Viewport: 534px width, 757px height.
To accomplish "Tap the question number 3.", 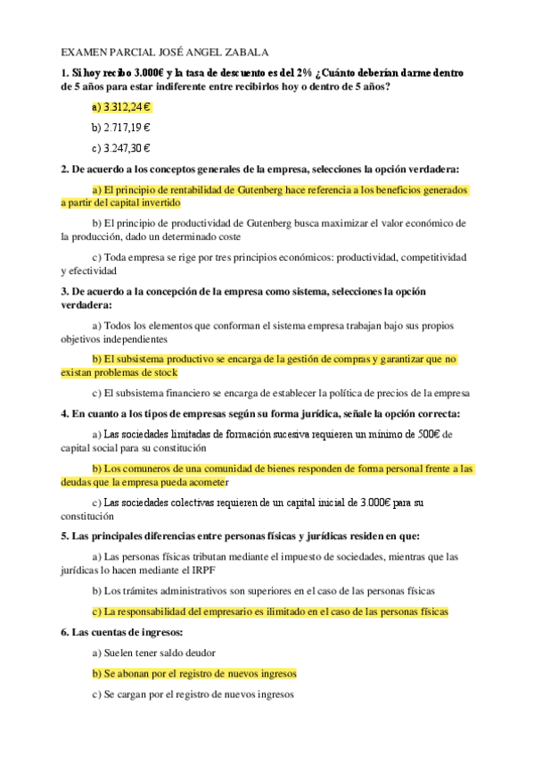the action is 64,292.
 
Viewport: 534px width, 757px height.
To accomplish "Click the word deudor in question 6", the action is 195,653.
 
